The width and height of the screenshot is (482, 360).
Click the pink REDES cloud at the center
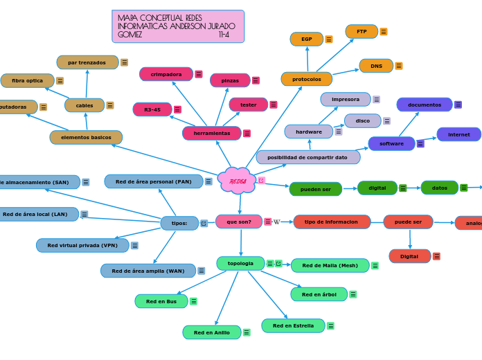[x=238, y=181]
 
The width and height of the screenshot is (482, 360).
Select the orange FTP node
[x=361, y=31]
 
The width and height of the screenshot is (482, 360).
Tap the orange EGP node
[x=306, y=39]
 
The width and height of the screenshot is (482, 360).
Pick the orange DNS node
[x=376, y=66]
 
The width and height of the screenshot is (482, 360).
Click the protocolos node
[x=306, y=79]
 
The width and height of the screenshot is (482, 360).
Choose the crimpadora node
[x=166, y=74]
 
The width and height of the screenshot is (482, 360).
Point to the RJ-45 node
[x=152, y=109]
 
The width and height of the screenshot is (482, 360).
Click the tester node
[x=248, y=105]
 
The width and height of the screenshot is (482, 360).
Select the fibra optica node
[x=27, y=81]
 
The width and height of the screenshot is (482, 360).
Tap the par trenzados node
[x=87, y=62]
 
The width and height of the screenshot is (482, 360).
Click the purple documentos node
[x=424, y=105]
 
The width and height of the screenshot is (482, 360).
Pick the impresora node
[x=346, y=99]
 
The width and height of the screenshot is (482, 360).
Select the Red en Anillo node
[x=212, y=332]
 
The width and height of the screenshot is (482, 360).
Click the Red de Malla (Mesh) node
[x=330, y=265]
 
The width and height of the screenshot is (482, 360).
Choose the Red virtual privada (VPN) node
[x=82, y=245]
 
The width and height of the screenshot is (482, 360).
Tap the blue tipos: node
[x=179, y=223]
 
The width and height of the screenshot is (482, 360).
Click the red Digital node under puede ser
[x=409, y=256]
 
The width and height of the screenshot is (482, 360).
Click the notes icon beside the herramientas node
[x=247, y=133]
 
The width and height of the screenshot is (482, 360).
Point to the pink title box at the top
[x=178, y=26]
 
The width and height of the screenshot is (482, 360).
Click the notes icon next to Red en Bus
[x=193, y=301]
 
